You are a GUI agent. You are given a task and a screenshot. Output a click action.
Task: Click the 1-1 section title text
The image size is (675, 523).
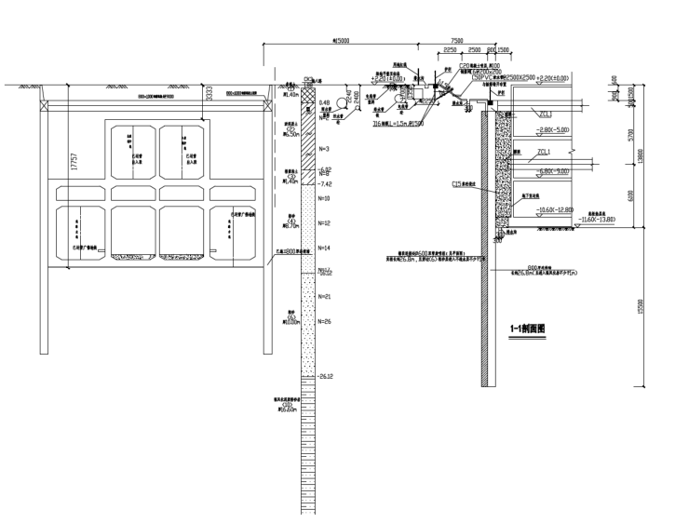tap(528, 329)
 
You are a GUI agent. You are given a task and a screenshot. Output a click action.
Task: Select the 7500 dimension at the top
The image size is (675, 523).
tap(457, 41)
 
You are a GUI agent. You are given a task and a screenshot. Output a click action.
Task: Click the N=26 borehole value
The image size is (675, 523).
tap(325, 321)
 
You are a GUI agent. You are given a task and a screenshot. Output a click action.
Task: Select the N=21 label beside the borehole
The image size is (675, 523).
tap(325, 296)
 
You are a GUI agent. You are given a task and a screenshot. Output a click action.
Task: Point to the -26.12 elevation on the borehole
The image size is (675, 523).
tap(326, 377)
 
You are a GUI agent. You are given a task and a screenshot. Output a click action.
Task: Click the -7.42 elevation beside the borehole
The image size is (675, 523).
tap(326, 185)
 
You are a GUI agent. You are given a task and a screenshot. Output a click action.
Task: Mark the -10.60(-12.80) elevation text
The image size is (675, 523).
tap(556, 210)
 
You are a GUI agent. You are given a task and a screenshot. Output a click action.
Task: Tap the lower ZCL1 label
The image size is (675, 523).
tap(544, 151)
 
